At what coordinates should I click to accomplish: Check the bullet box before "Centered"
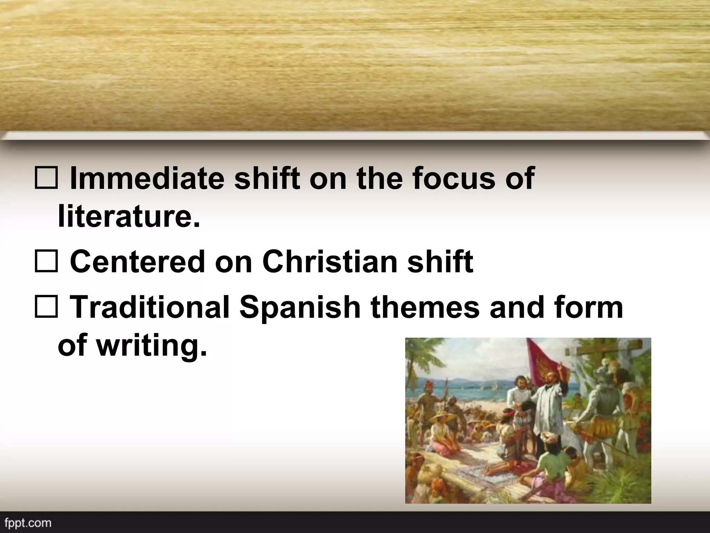[46, 263]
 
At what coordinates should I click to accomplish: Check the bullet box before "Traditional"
[46, 307]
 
